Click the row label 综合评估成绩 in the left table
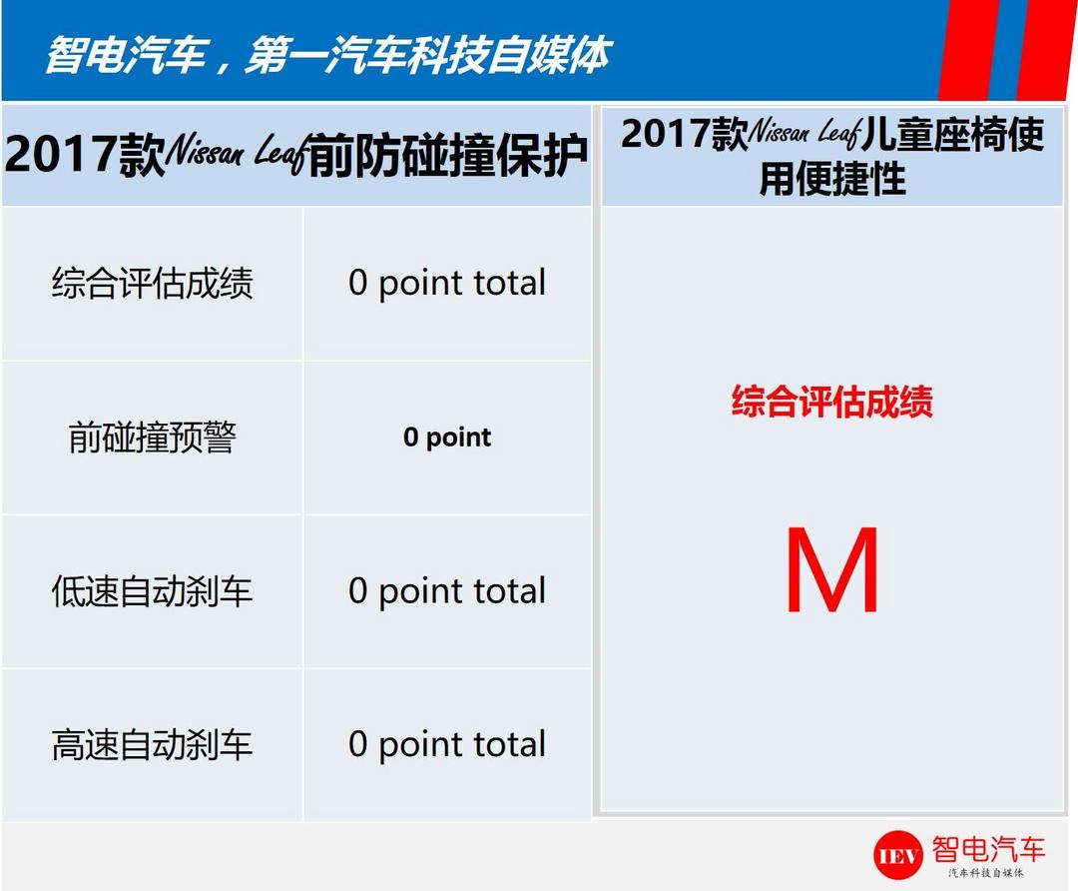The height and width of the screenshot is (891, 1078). pyautogui.click(x=152, y=283)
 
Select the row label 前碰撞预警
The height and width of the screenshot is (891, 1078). pyautogui.click(x=152, y=437)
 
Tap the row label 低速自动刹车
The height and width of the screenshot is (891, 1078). pyautogui.click(x=152, y=591)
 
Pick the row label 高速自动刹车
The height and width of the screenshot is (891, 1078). pyautogui.click(x=152, y=744)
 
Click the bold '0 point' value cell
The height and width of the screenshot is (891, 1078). pyautogui.click(x=447, y=438)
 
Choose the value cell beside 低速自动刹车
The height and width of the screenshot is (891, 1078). pyautogui.click(x=447, y=591)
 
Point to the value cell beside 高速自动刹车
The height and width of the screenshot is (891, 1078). pyautogui.click(x=447, y=744)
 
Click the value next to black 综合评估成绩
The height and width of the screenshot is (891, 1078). pyautogui.click(x=447, y=283)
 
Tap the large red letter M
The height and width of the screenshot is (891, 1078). pyautogui.click(x=832, y=569)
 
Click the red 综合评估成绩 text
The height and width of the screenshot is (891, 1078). pyautogui.click(x=832, y=402)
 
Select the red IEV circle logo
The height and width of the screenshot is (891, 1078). pyautogui.click(x=898, y=854)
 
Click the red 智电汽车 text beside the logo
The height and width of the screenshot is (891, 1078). pyautogui.click(x=988, y=849)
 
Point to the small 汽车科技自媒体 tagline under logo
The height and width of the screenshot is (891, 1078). pyautogui.click(x=986, y=872)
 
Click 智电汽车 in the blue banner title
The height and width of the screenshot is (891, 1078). pyautogui.click(x=127, y=55)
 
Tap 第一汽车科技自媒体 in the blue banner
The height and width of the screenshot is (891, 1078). pyautogui.click(x=427, y=55)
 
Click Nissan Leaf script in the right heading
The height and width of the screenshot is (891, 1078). pyautogui.click(x=805, y=132)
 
